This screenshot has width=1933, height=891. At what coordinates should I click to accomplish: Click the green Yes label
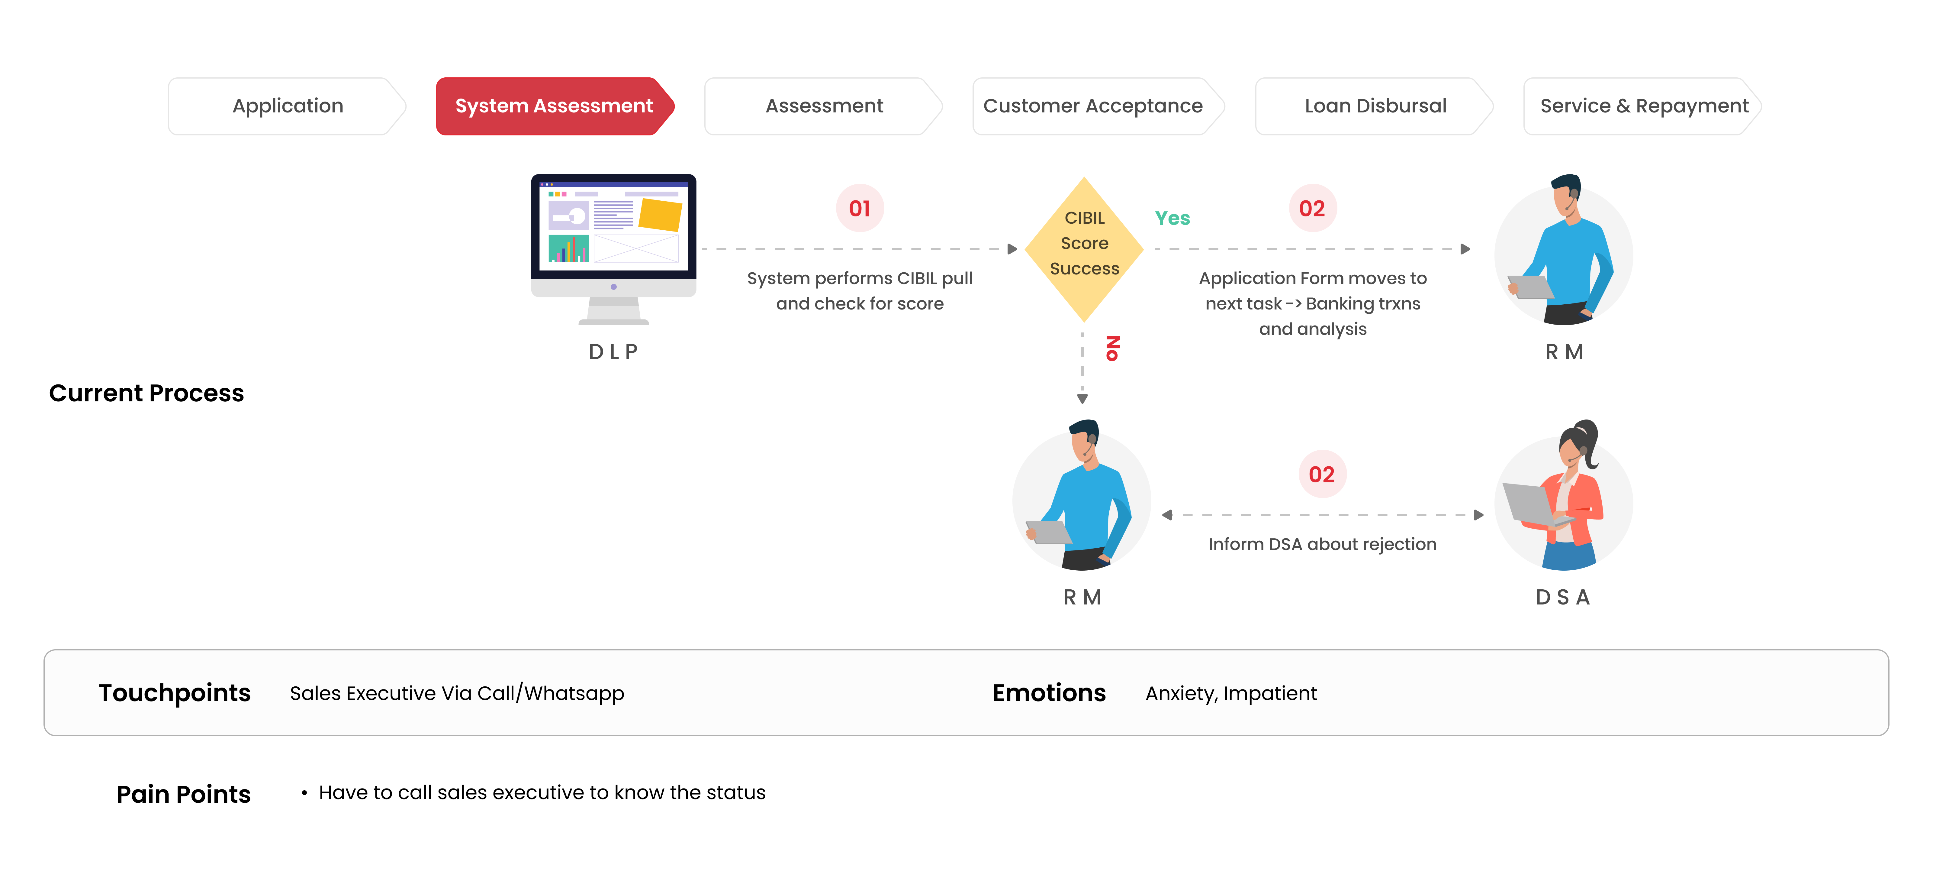[1172, 219]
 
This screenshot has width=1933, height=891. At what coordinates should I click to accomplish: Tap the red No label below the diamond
[1113, 348]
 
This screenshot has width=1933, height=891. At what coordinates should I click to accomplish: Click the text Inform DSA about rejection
[1322, 544]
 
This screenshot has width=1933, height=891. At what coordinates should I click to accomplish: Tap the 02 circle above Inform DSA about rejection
[1322, 475]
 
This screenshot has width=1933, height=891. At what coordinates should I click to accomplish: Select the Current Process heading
[146, 393]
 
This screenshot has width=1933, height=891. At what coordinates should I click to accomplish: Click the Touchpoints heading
[175, 693]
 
